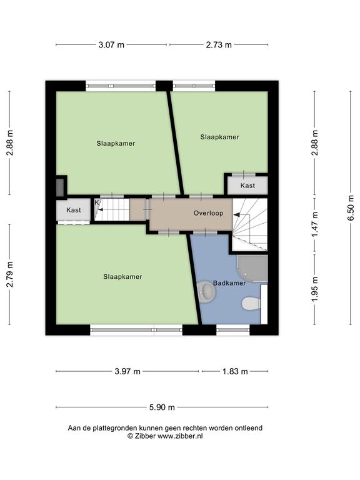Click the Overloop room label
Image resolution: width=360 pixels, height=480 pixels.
pos(208,213)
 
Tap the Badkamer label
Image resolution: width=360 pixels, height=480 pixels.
pos(229,283)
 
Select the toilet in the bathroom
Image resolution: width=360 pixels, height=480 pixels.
pos(251,304)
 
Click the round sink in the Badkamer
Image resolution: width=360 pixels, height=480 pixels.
pos(207,292)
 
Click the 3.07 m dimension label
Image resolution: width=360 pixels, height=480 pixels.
pos(111,45)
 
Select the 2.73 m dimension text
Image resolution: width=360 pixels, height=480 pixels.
pos(219,45)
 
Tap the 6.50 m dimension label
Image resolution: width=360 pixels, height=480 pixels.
pos(351,208)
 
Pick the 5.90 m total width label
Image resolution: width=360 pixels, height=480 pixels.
pos(162,407)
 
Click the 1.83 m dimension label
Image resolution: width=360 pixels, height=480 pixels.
pos(235,371)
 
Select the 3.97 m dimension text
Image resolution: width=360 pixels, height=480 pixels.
pos(127,371)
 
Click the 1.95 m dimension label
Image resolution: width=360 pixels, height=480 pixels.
pos(315,289)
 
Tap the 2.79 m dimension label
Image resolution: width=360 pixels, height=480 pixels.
pos(10,274)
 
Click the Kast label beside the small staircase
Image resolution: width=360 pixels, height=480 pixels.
pos(74,210)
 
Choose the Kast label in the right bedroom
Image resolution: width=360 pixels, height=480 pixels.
pos(247,186)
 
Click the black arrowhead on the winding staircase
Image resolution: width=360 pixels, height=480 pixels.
pos(236,215)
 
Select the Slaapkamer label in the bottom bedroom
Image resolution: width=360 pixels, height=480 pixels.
pos(122,277)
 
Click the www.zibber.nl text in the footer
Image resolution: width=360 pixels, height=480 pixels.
pos(180,436)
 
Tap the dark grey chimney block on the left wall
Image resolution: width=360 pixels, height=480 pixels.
pos(60,187)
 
